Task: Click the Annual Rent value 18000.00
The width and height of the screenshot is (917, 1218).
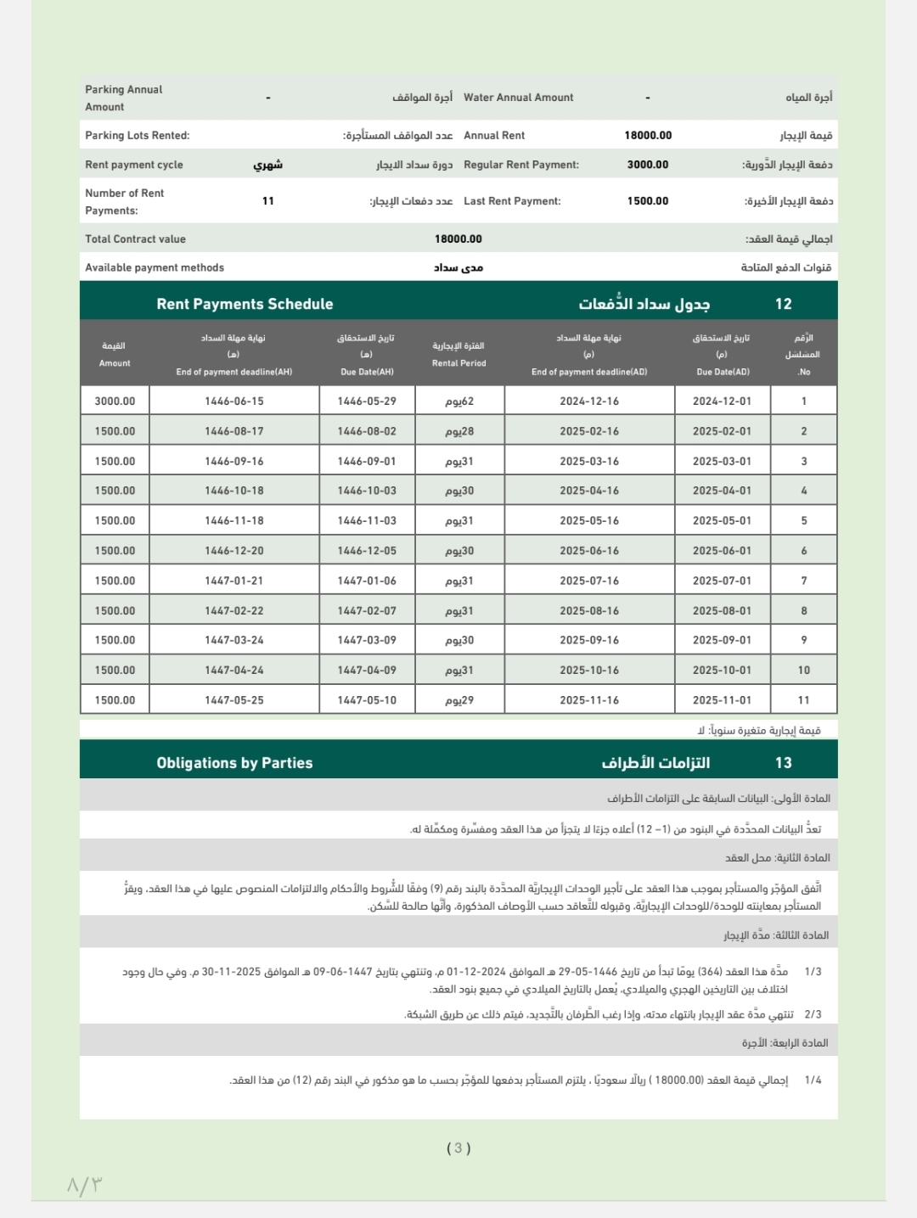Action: click(648, 135)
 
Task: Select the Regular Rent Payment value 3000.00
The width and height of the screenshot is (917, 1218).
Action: click(648, 165)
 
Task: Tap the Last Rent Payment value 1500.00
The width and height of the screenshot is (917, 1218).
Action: click(648, 201)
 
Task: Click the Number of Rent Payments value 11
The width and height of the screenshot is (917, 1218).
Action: click(268, 201)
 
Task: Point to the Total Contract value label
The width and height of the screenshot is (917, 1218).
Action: click(135, 239)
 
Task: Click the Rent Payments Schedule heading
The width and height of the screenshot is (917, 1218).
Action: click(245, 304)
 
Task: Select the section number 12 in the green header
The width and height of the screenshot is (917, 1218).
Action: click(783, 304)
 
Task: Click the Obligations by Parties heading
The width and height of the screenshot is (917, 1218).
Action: click(234, 763)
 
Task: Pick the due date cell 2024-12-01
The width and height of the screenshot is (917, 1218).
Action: click(722, 401)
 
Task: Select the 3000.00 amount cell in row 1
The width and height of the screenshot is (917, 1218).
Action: click(115, 401)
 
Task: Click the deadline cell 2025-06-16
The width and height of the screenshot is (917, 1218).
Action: click(589, 551)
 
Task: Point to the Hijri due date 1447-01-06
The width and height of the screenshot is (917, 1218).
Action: click(367, 581)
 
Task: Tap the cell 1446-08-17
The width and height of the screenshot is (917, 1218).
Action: click(234, 431)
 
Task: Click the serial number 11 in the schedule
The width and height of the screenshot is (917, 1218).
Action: click(803, 700)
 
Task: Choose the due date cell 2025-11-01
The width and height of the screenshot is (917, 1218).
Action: click(722, 700)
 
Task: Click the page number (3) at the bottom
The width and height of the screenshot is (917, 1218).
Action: click(458, 1148)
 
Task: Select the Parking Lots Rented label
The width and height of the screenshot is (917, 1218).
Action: click(138, 136)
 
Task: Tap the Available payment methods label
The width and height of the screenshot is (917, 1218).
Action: click(155, 267)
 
